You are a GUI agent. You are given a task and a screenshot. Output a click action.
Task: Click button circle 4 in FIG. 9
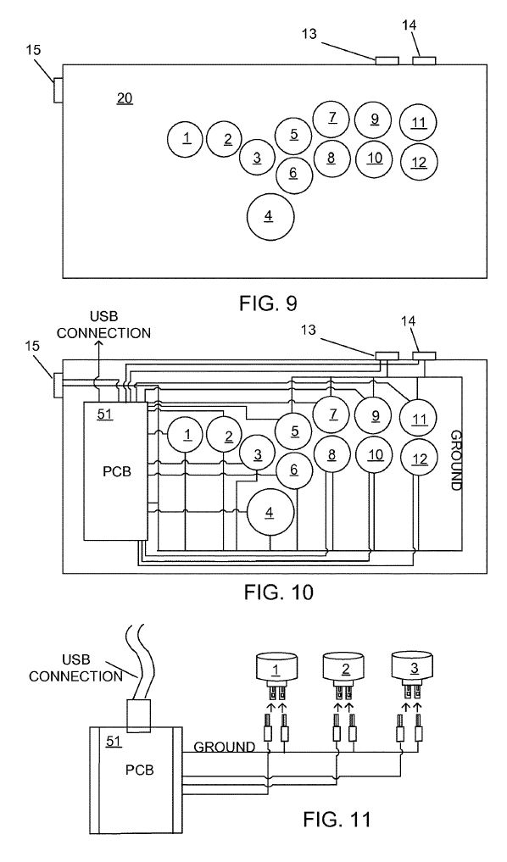[x=270, y=216]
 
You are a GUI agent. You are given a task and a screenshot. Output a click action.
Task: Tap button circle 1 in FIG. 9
[x=186, y=139]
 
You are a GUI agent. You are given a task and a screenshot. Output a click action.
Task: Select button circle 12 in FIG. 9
[x=418, y=162]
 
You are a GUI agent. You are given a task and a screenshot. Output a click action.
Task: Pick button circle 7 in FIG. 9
[x=331, y=119]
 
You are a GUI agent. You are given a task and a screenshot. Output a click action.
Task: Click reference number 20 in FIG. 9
[x=124, y=99]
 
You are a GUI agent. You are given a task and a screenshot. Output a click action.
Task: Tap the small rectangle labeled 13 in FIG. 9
[x=387, y=60]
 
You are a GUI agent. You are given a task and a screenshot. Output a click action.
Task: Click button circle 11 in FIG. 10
[x=418, y=419]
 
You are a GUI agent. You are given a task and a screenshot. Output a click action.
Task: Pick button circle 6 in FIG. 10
[x=293, y=469]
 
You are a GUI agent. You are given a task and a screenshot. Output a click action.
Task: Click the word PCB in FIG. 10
[x=115, y=470]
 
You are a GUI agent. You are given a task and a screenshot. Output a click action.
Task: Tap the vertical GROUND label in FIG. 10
[x=455, y=459]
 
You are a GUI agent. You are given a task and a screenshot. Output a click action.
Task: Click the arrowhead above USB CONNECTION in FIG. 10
[x=97, y=346]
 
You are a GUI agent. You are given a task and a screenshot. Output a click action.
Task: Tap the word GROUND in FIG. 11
[x=225, y=747]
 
